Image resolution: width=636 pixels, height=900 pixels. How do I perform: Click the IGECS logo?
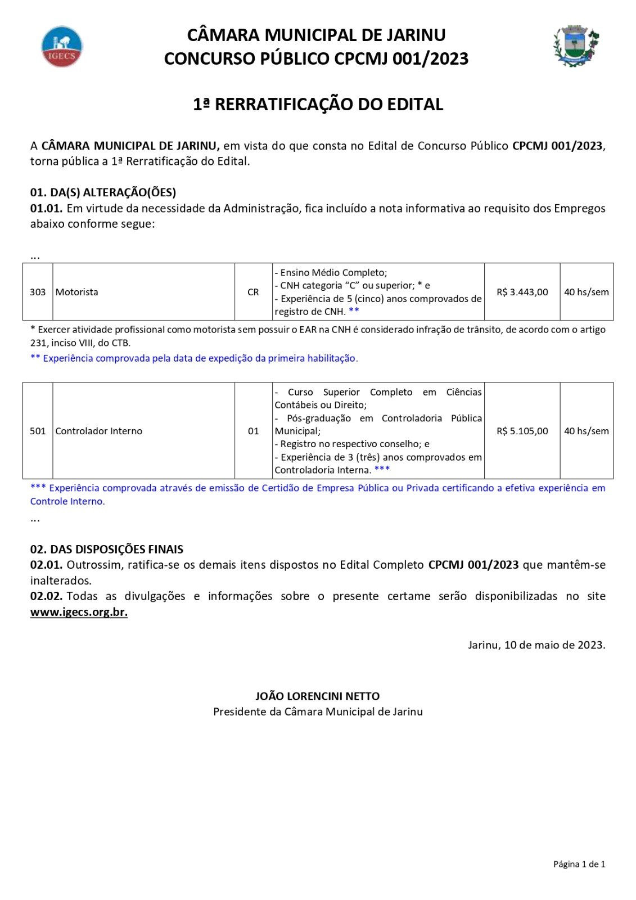click(62, 46)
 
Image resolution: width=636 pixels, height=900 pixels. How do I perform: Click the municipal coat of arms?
click(576, 46)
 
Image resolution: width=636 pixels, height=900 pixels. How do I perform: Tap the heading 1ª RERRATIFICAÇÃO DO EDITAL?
click(318, 105)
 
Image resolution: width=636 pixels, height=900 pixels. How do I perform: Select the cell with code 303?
click(38, 292)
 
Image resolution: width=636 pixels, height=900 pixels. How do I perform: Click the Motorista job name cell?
click(77, 292)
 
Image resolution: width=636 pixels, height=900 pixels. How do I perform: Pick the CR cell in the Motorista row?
click(253, 292)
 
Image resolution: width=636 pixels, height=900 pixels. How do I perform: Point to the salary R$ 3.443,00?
click(522, 292)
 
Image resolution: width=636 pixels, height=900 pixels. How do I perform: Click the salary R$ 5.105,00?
click(522, 431)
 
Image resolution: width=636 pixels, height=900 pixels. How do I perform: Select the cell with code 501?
click(38, 431)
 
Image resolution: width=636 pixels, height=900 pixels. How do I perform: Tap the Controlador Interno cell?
click(99, 431)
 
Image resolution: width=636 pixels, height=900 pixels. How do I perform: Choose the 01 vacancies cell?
click(253, 431)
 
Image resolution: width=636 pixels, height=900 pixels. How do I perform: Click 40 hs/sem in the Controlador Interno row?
click(586, 431)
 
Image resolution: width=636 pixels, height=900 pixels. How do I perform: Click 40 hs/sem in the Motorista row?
click(586, 292)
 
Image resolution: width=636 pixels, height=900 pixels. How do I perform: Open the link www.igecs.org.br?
click(79, 612)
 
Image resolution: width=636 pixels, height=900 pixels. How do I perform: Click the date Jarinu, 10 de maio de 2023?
click(536, 645)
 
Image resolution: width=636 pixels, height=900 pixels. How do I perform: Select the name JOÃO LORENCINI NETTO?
click(318, 696)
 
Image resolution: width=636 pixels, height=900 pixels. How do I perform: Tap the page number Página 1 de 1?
click(579, 864)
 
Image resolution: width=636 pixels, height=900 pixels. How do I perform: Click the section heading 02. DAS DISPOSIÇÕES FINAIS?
click(107, 549)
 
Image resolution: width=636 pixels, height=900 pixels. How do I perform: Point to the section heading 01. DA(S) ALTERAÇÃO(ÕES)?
click(103, 192)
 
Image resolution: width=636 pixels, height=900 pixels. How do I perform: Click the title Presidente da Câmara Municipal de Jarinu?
click(318, 712)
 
